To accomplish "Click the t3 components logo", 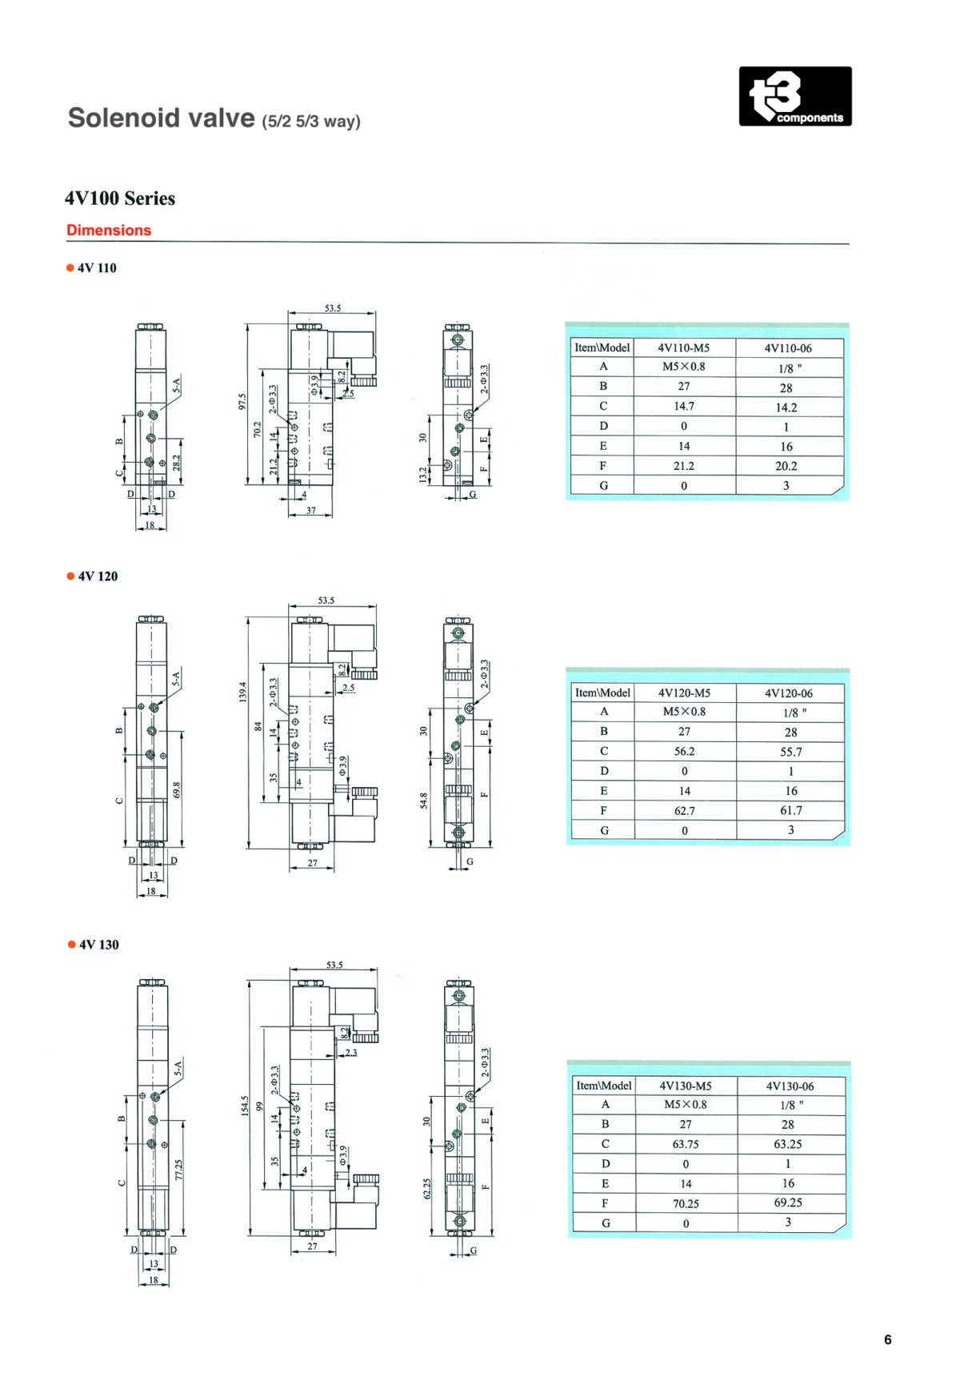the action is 795,96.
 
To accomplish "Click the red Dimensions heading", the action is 109,231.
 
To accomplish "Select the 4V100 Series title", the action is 120,199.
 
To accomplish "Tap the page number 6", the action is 887,1339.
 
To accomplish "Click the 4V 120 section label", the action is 98,576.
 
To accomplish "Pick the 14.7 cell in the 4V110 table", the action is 684,406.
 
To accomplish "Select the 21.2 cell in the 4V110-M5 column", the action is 684,466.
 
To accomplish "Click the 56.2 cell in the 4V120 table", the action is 685,751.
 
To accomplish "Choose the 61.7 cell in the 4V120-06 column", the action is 791,810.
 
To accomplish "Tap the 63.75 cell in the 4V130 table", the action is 686,1144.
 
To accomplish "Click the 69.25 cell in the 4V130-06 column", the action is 788,1202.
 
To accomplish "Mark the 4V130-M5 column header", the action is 686,1086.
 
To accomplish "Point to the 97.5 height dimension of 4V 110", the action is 242,402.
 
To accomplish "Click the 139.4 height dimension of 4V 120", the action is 243,692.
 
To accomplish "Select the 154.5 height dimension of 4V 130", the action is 245,1106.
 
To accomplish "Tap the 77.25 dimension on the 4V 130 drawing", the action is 178,1170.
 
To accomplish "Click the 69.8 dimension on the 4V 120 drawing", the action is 177,789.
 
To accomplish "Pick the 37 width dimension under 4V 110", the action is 311,510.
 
